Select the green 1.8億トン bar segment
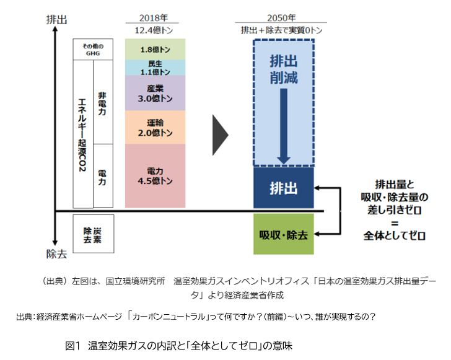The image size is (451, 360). (x=155, y=49)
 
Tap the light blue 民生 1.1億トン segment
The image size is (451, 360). (x=155, y=67)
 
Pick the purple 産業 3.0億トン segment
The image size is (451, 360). (x=155, y=93)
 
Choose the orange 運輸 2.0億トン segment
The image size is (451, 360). (x=155, y=127)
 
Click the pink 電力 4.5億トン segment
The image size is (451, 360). (x=155, y=175)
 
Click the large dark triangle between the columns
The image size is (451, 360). (x=219, y=134)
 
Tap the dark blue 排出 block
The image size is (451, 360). (x=284, y=187)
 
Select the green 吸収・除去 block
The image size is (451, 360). (x=284, y=235)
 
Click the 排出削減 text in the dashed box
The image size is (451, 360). (x=284, y=69)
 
